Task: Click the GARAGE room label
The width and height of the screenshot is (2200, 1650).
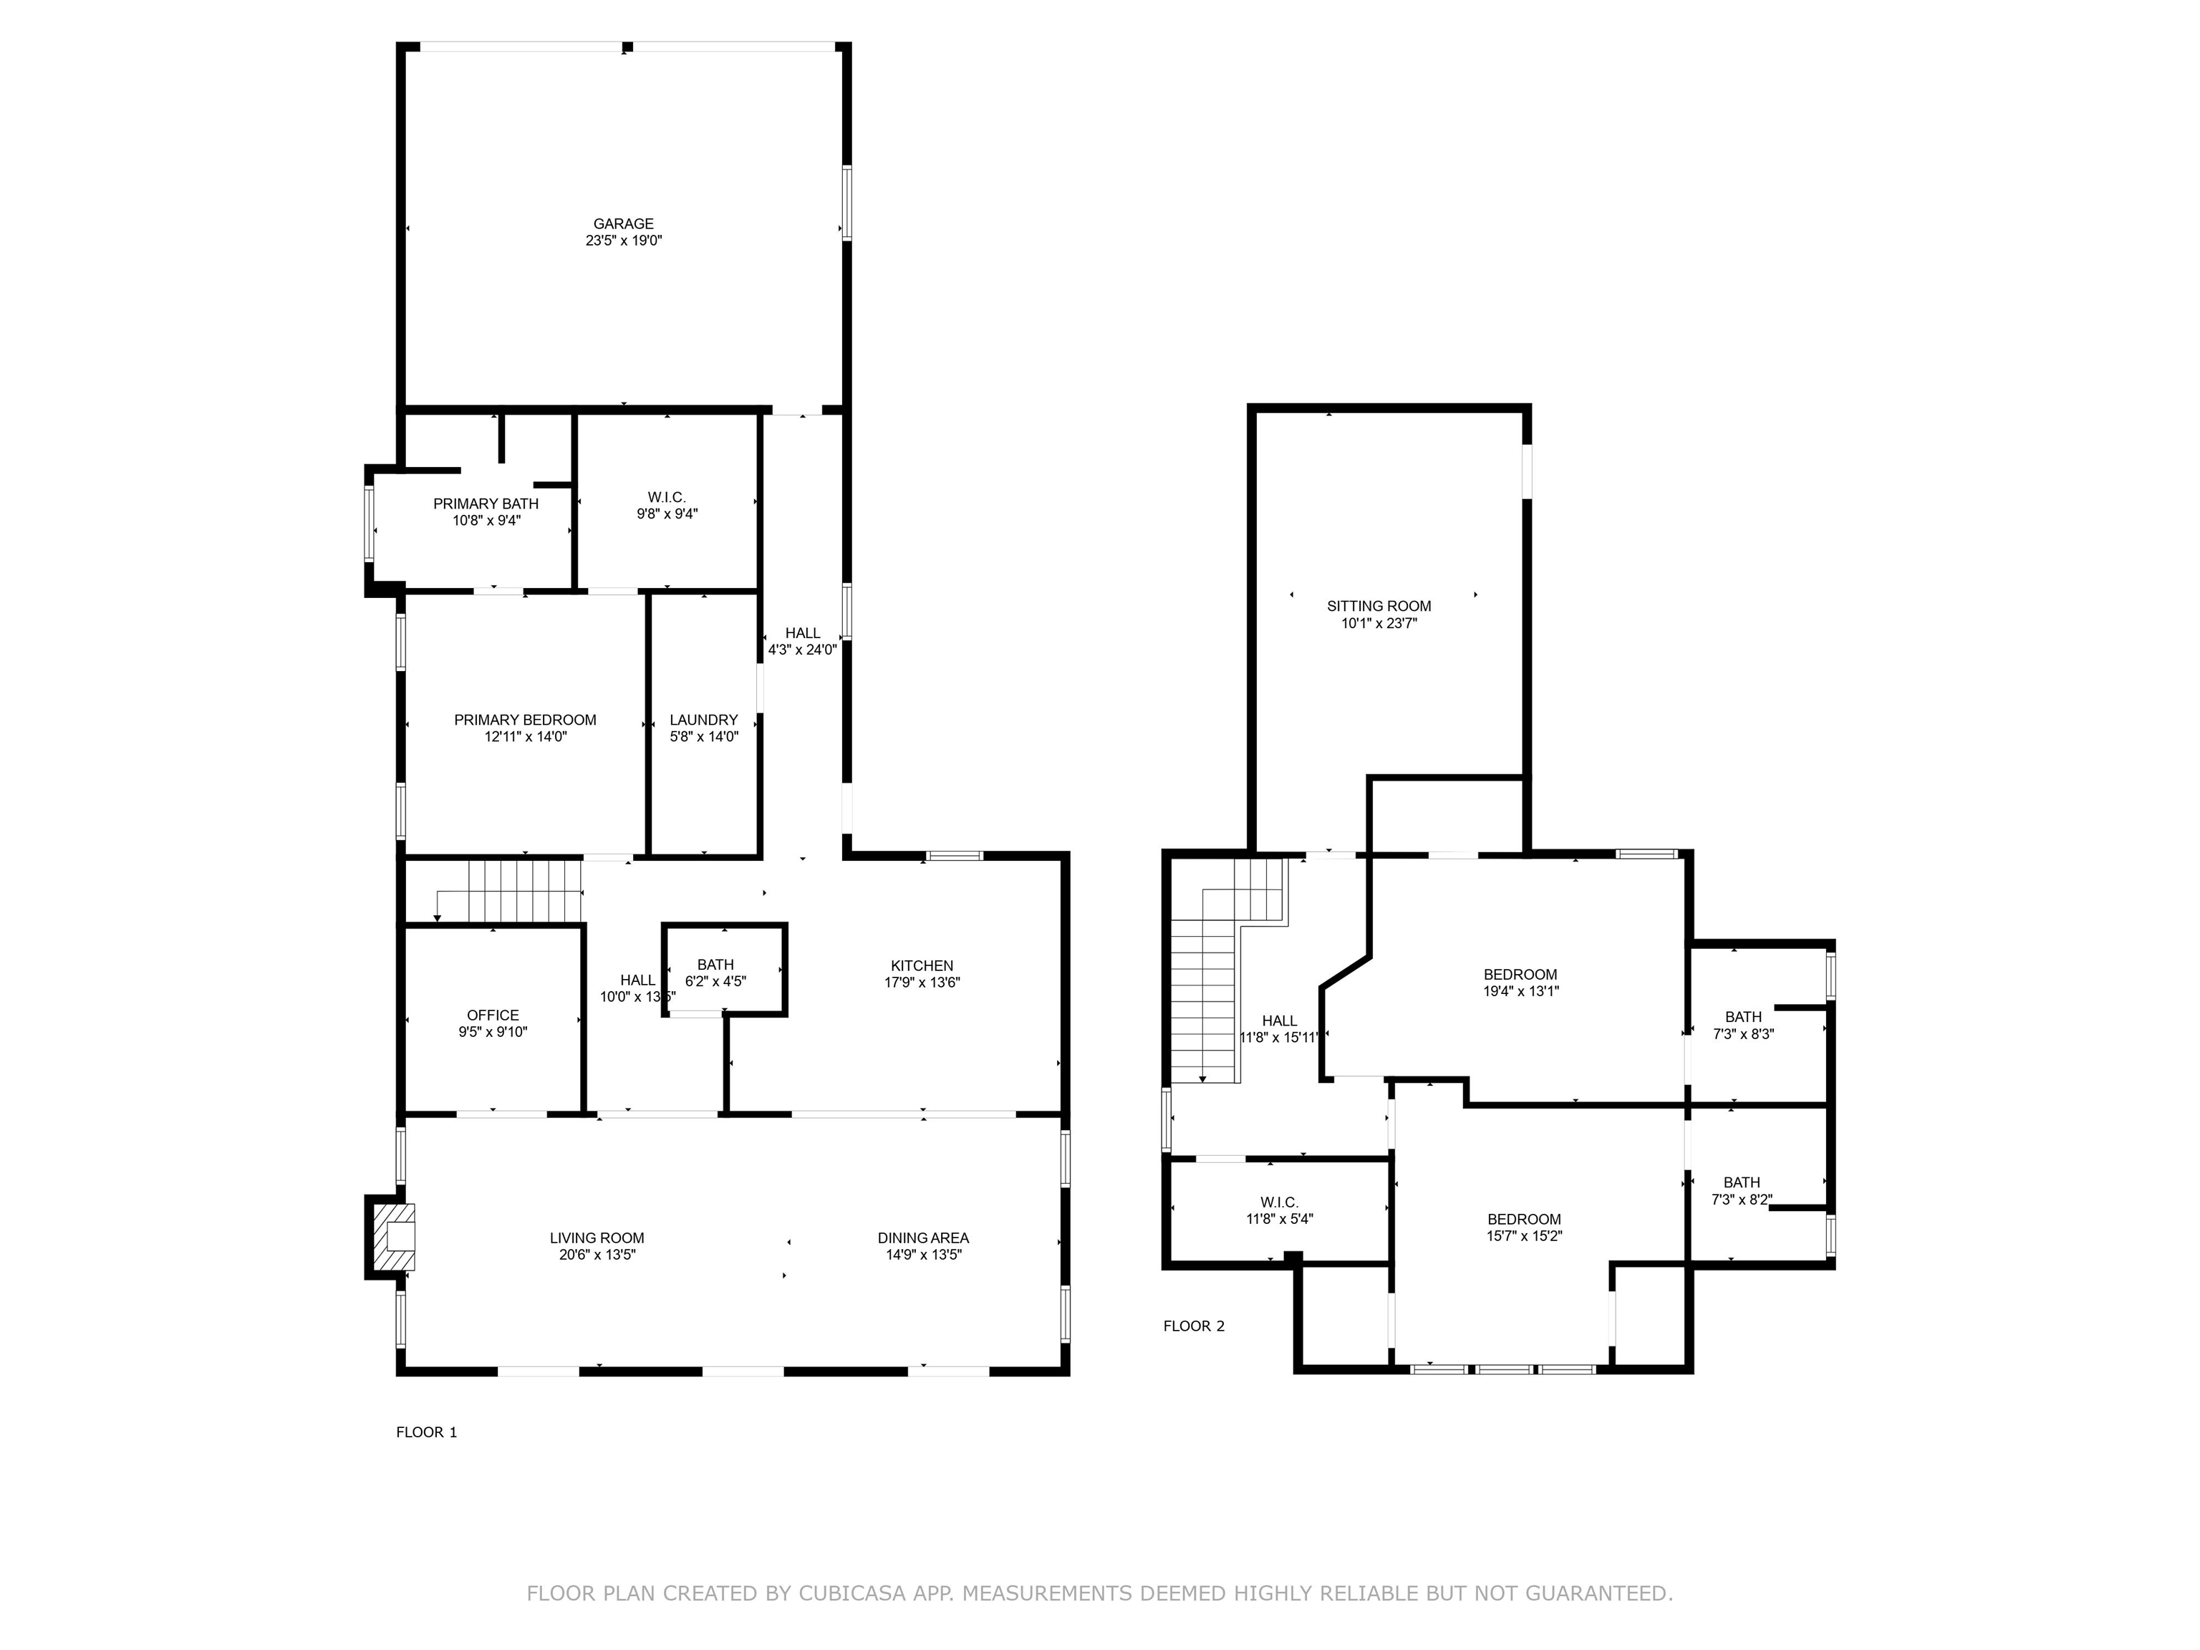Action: pos(624,223)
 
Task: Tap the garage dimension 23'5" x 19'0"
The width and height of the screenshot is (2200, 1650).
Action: pos(624,241)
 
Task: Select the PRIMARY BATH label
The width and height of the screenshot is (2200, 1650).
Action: pos(486,504)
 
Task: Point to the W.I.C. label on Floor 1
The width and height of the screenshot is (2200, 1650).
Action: pos(666,497)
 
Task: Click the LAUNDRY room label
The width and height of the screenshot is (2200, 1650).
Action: pos(704,720)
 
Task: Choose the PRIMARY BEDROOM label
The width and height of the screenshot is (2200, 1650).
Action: pos(525,720)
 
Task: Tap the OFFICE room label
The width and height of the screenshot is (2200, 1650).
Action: pos(493,1015)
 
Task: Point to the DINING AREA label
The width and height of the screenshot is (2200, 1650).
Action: pos(923,1238)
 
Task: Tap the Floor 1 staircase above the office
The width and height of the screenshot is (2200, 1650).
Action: pos(508,891)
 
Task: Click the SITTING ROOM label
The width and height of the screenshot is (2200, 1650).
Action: pos(1379,606)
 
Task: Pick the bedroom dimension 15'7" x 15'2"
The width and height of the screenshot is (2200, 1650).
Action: pos(1525,1236)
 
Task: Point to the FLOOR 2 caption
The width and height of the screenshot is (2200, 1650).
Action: pos(1195,1326)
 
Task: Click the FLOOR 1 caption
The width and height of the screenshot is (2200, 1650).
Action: pos(427,1432)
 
